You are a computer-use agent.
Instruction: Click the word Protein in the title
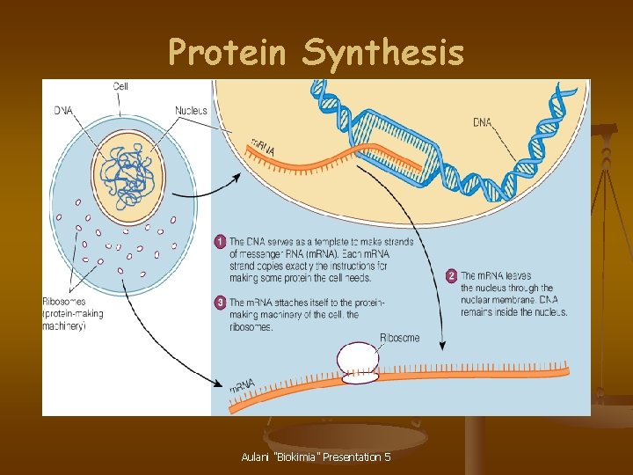click(x=228, y=53)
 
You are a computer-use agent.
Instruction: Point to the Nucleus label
click(x=191, y=110)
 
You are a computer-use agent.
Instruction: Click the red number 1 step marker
click(x=220, y=241)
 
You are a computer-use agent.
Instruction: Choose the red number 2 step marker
click(x=452, y=276)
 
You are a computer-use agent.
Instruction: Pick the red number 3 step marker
click(x=220, y=303)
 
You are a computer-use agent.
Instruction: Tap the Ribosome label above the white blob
click(x=399, y=338)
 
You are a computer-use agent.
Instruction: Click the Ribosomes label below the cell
click(x=64, y=303)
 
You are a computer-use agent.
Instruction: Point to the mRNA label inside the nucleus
click(x=263, y=148)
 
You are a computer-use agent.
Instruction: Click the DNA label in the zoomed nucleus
click(x=482, y=122)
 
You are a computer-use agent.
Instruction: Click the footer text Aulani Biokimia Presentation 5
click(x=316, y=457)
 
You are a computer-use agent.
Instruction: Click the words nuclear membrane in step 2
click(x=501, y=300)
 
